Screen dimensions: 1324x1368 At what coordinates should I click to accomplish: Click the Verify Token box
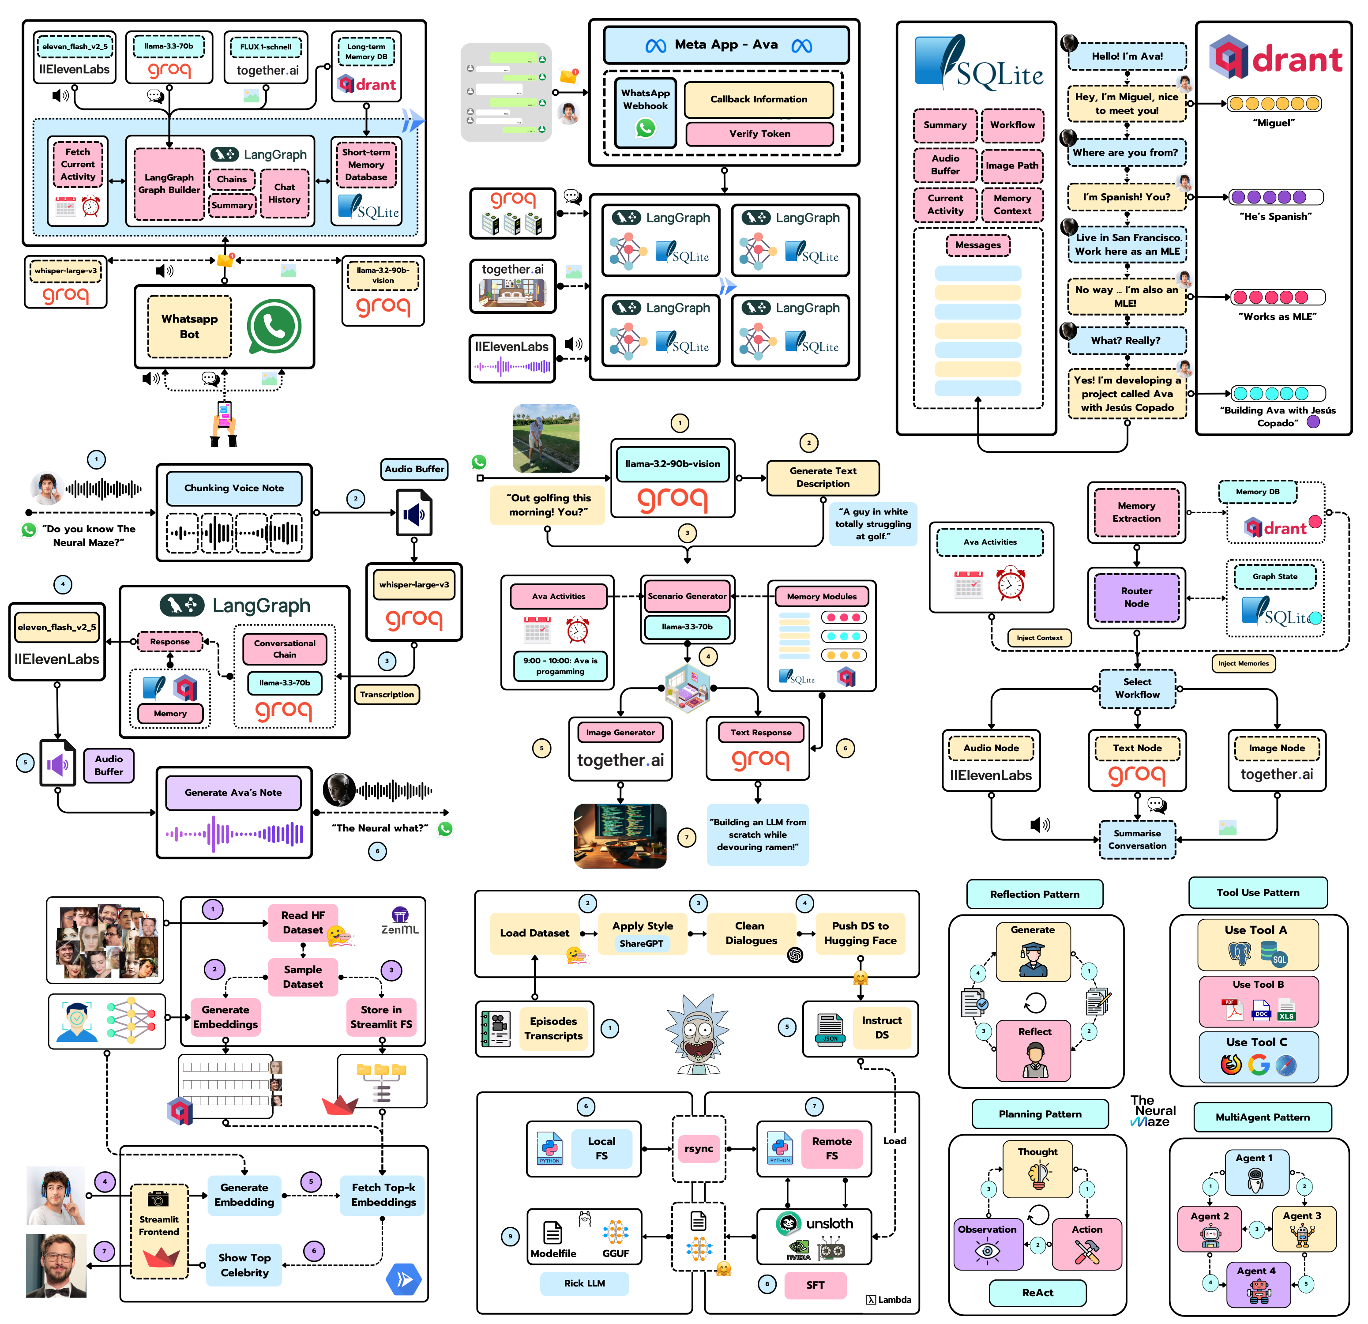pos(759,133)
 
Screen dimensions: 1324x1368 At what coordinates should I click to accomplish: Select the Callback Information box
pos(759,99)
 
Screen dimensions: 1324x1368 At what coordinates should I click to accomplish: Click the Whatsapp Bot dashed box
pos(189,326)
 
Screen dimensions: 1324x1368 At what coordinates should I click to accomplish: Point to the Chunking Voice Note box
pos(234,488)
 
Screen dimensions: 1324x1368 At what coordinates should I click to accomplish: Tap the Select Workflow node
pos(1137,688)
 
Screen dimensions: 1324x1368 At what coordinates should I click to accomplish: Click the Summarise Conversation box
pos(1137,839)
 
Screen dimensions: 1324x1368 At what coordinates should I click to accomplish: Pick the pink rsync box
pos(699,1148)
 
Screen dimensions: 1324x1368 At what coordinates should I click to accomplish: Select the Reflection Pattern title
pos(1034,894)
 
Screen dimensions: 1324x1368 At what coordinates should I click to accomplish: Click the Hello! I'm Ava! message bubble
pos(1127,56)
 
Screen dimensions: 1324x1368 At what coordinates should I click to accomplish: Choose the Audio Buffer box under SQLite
pos(945,165)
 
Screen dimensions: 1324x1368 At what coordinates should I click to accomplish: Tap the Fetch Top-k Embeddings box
pos(383,1195)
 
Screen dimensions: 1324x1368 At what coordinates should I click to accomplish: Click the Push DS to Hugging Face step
pos(860,933)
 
